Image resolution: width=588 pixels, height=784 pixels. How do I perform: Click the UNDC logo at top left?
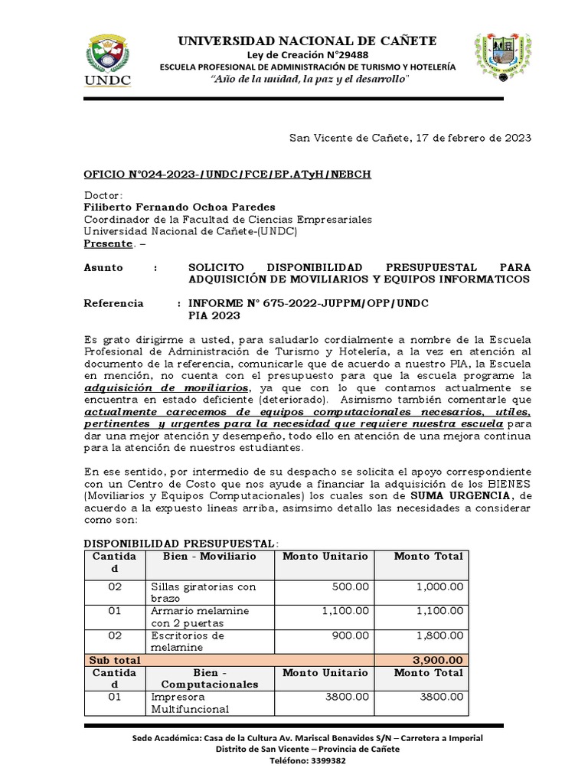click(x=107, y=60)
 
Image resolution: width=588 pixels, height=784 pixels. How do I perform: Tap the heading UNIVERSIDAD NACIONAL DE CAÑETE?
click(x=307, y=41)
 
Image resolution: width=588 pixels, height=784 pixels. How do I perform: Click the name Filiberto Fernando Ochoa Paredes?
click(x=178, y=207)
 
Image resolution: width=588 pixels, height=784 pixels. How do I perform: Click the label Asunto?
click(x=102, y=267)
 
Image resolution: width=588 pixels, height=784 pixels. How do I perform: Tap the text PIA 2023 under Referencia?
click(x=214, y=315)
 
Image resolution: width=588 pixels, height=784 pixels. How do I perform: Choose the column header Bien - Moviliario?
click(x=209, y=556)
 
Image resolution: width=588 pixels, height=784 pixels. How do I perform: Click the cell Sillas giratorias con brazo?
click(x=203, y=592)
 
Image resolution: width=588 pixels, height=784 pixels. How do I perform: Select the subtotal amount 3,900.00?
click(x=436, y=660)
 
